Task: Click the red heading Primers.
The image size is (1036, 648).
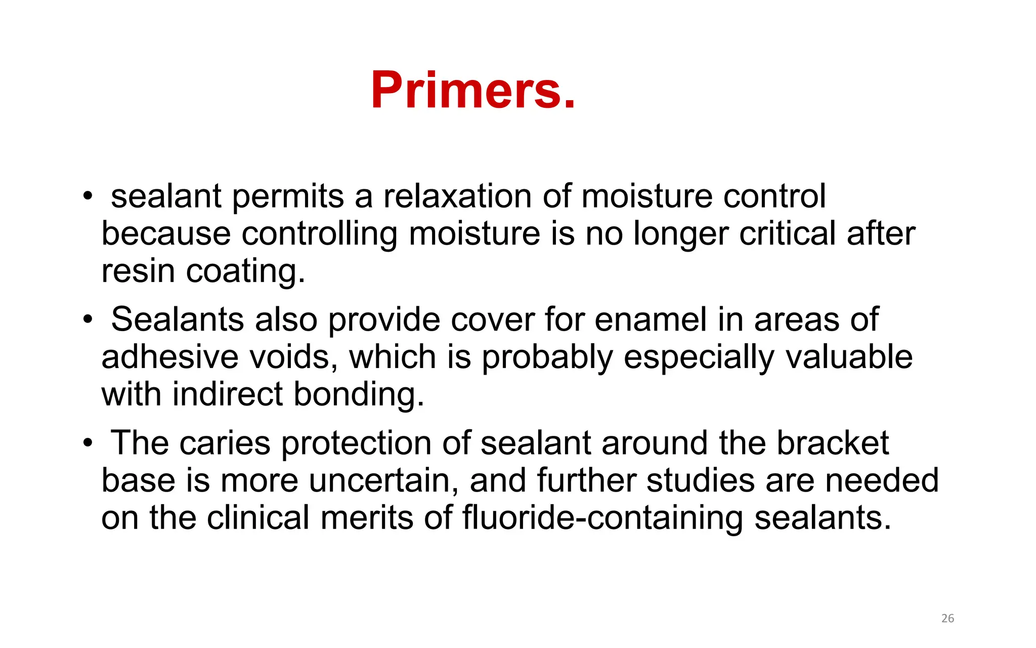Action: tap(473, 90)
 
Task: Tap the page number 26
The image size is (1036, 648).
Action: tap(947, 618)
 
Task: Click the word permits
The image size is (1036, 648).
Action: tap(288, 197)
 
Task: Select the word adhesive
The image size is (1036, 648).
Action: tap(169, 357)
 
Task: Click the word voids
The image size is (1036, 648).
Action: tap(296, 357)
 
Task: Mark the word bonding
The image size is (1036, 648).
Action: tap(359, 395)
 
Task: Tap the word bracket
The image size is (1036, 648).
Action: tap(833, 443)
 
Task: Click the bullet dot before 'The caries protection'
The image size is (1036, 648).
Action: tap(88, 443)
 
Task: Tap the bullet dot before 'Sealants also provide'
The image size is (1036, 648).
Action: tap(88, 320)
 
